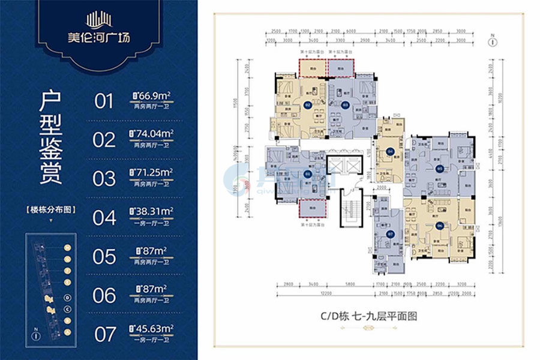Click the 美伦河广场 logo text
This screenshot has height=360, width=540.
point(100,44)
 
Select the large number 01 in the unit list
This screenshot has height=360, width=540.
point(104,101)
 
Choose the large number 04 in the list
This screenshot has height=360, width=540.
point(104,218)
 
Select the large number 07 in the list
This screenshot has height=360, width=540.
point(104,334)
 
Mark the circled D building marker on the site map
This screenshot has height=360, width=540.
point(68,298)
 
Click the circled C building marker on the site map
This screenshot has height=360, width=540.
point(68,309)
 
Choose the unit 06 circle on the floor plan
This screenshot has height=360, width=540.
point(440,226)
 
